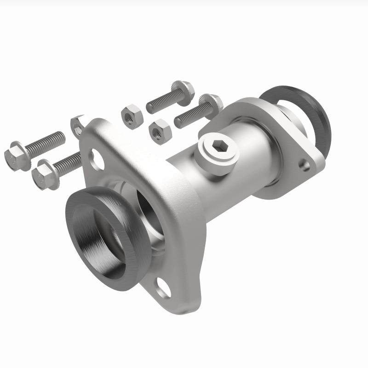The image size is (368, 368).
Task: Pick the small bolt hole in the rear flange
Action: point(304,162)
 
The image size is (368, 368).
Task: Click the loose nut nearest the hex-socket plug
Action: point(161,131)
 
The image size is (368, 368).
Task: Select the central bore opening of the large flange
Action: point(147,216)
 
